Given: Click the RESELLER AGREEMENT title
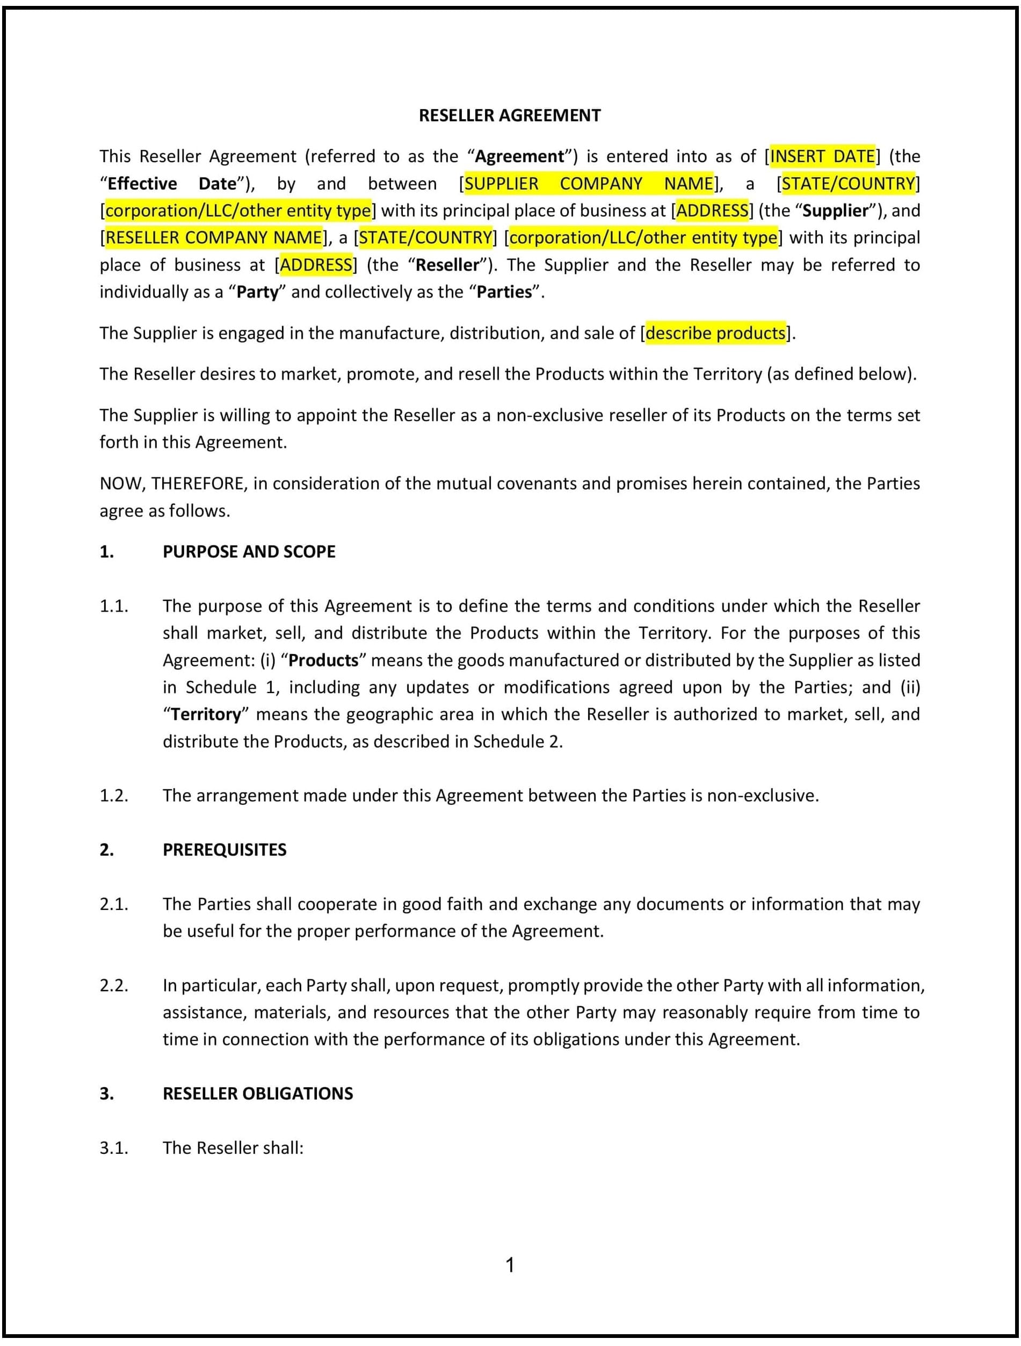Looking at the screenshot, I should pos(510,115).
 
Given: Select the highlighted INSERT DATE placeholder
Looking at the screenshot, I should pos(822,156).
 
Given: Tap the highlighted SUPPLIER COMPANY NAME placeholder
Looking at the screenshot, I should pos(588,184).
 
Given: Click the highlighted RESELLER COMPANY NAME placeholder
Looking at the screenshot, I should pos(214,237).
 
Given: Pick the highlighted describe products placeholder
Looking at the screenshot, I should pos(715,333).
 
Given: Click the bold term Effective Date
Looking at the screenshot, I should pos(172,184).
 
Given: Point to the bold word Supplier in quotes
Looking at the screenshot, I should pos(835,210).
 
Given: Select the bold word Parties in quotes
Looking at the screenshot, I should pos(504,292).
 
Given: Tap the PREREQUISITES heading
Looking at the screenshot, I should pos(224,849).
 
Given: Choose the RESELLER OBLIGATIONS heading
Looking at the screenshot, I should pos(258,1094).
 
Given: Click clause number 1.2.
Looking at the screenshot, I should pos(114,795).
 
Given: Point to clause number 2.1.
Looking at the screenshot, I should pos(114,904).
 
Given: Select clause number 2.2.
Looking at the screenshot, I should pos(114,985).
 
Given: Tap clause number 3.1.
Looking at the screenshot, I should pos(114,1148).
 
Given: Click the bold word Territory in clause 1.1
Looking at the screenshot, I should pos(206,715).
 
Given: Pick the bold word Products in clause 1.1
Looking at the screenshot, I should pos(323,660).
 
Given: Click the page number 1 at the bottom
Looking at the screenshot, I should pos(510,1265).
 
